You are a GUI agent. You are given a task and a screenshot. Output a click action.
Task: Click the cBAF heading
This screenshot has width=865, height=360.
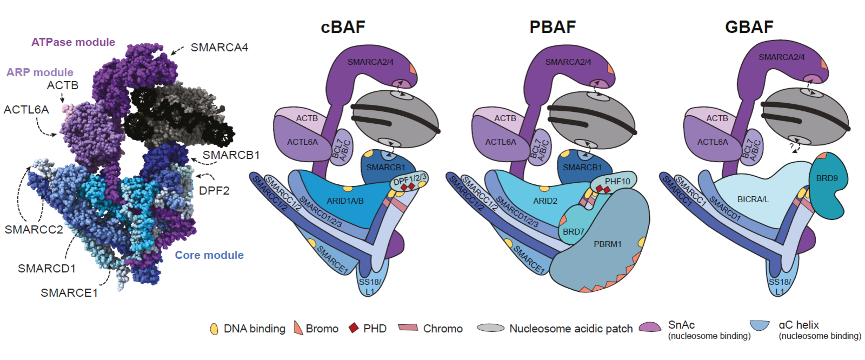[x=343, y=27]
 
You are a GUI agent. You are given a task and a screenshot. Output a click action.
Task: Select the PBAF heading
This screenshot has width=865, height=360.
[x=552, y=27]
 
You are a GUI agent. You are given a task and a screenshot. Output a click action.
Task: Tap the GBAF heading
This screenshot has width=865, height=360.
[x=749, y=27]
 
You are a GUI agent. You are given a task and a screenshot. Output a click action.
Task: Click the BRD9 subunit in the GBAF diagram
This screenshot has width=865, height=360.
[x=827, y=179]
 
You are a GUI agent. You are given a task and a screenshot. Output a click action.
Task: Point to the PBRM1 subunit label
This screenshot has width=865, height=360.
[x=607, y=244]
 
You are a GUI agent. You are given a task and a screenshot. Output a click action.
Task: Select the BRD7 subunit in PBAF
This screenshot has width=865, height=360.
[x=573, y=232]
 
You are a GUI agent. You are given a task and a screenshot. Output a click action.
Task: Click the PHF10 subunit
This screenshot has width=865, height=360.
[x=617, y=182]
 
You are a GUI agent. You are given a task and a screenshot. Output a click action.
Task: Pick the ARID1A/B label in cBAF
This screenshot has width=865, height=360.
[x=345, y=201]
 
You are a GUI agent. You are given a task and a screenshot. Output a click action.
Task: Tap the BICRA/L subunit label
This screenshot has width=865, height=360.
[x=753, y=199]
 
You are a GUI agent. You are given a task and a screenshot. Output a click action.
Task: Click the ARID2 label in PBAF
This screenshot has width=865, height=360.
[x=545, y=201]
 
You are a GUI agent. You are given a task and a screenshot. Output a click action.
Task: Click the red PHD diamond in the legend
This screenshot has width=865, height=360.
[x=354, y=328]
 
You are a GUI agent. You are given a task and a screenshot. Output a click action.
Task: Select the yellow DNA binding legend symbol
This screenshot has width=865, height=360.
[x=214, y=329]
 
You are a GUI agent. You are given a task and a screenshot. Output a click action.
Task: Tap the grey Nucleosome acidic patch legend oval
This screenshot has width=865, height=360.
[x=491, y=328]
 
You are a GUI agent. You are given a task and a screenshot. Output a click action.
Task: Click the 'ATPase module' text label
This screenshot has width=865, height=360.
[x=73, y=42]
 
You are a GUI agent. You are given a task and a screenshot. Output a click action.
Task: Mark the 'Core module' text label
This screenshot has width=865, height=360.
[x=209, y=255]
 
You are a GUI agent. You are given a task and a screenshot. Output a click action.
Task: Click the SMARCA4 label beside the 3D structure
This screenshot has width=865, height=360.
[x=219, y=48]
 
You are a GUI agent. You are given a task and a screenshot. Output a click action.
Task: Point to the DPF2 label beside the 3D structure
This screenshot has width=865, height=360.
[x=214, y=191]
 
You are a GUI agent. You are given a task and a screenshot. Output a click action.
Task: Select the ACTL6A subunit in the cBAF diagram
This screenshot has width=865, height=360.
[x=302, y=142]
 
